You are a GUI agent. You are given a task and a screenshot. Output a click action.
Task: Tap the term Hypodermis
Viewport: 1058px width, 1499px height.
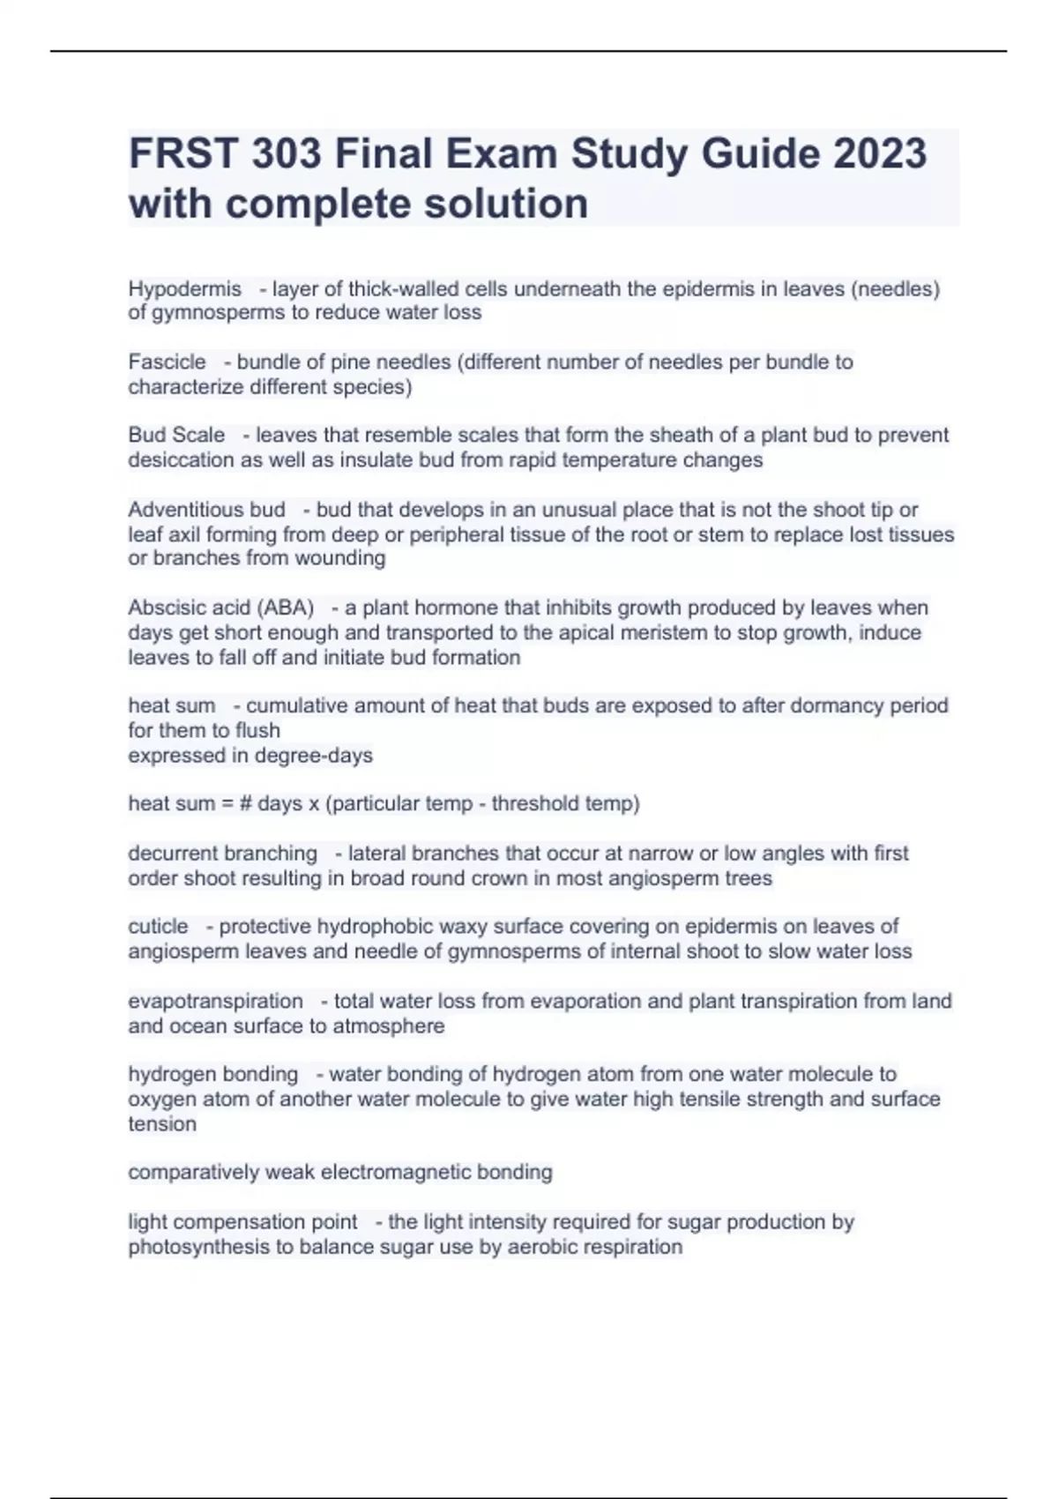point(184,289)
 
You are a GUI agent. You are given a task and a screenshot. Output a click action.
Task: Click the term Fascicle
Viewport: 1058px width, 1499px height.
point(167,362)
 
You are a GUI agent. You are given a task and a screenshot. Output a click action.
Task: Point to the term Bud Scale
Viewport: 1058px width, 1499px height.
point(176,436)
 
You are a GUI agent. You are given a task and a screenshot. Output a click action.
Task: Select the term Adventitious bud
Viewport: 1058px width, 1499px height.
point(206,510)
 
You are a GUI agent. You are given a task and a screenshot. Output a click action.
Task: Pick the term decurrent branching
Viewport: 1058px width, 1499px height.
point(222,854)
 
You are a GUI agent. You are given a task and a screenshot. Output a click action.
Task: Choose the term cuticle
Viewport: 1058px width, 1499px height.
point(158,927)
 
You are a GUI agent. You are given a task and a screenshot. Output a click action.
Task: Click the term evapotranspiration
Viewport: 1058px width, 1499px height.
point(215,1002)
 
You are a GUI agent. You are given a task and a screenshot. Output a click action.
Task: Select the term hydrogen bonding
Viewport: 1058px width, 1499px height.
point(212,1075)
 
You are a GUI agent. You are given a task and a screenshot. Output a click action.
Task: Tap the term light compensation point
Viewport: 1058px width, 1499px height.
point(242,1222)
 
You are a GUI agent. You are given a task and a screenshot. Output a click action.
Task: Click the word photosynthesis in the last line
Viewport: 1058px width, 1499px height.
point(198,1247)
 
